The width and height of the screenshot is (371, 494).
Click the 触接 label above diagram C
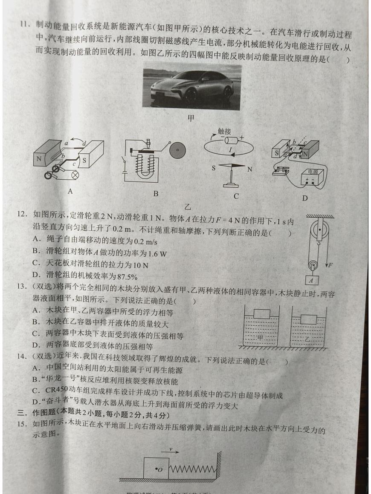[x=224, y=132]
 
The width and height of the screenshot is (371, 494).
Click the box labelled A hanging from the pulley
[x=312, y=281]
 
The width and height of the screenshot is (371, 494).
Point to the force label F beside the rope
[x=330, y=265]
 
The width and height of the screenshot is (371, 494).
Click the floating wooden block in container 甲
[x=262, y=314]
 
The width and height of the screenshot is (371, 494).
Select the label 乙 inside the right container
[x=308, y=339]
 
